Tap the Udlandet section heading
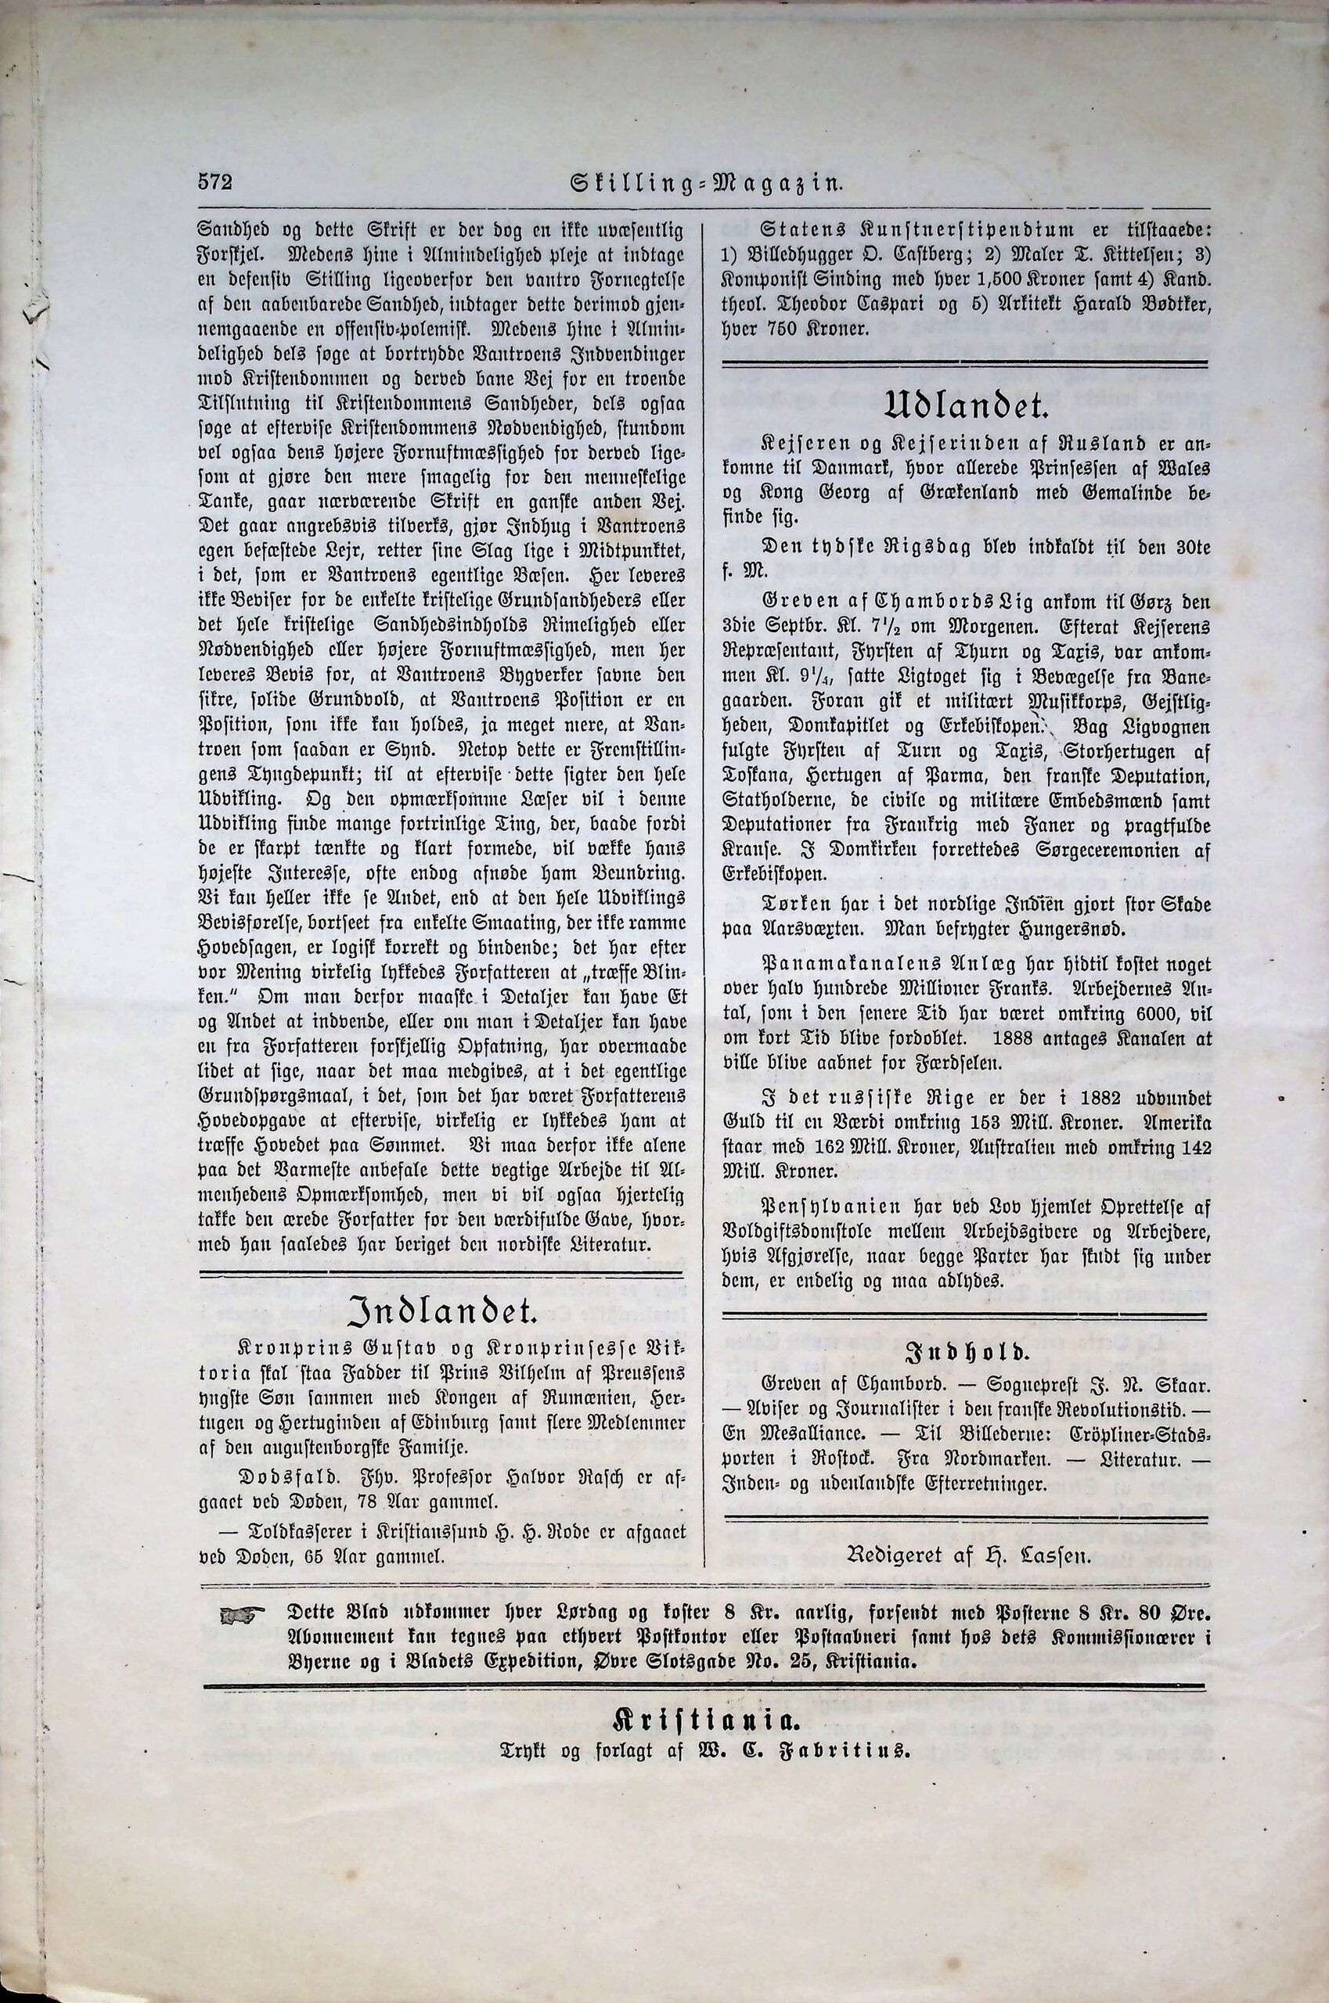pyautogui.click(x=965, y=409)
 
